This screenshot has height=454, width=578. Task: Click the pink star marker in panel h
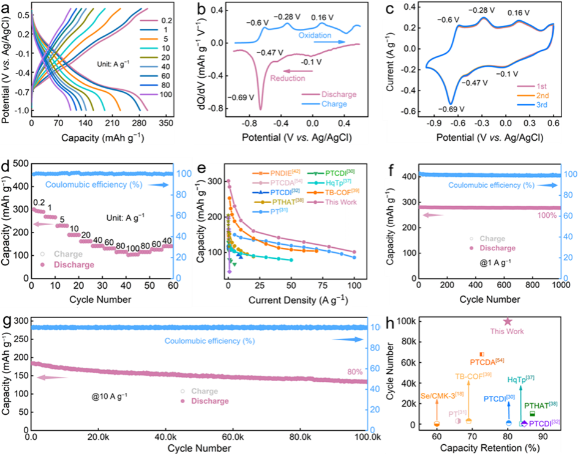507,322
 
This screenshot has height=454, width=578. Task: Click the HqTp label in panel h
520,380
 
